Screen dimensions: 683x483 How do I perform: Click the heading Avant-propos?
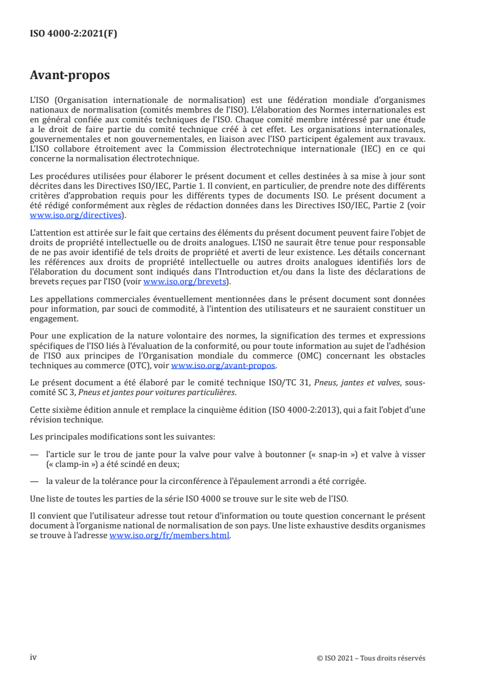click(x=70, y=76)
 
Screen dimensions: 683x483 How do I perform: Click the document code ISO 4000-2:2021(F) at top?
click(x=73, y=34)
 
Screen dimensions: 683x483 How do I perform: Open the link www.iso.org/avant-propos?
click(x=224, y=365)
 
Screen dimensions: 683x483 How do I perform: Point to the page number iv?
click(x=33, y=657)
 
